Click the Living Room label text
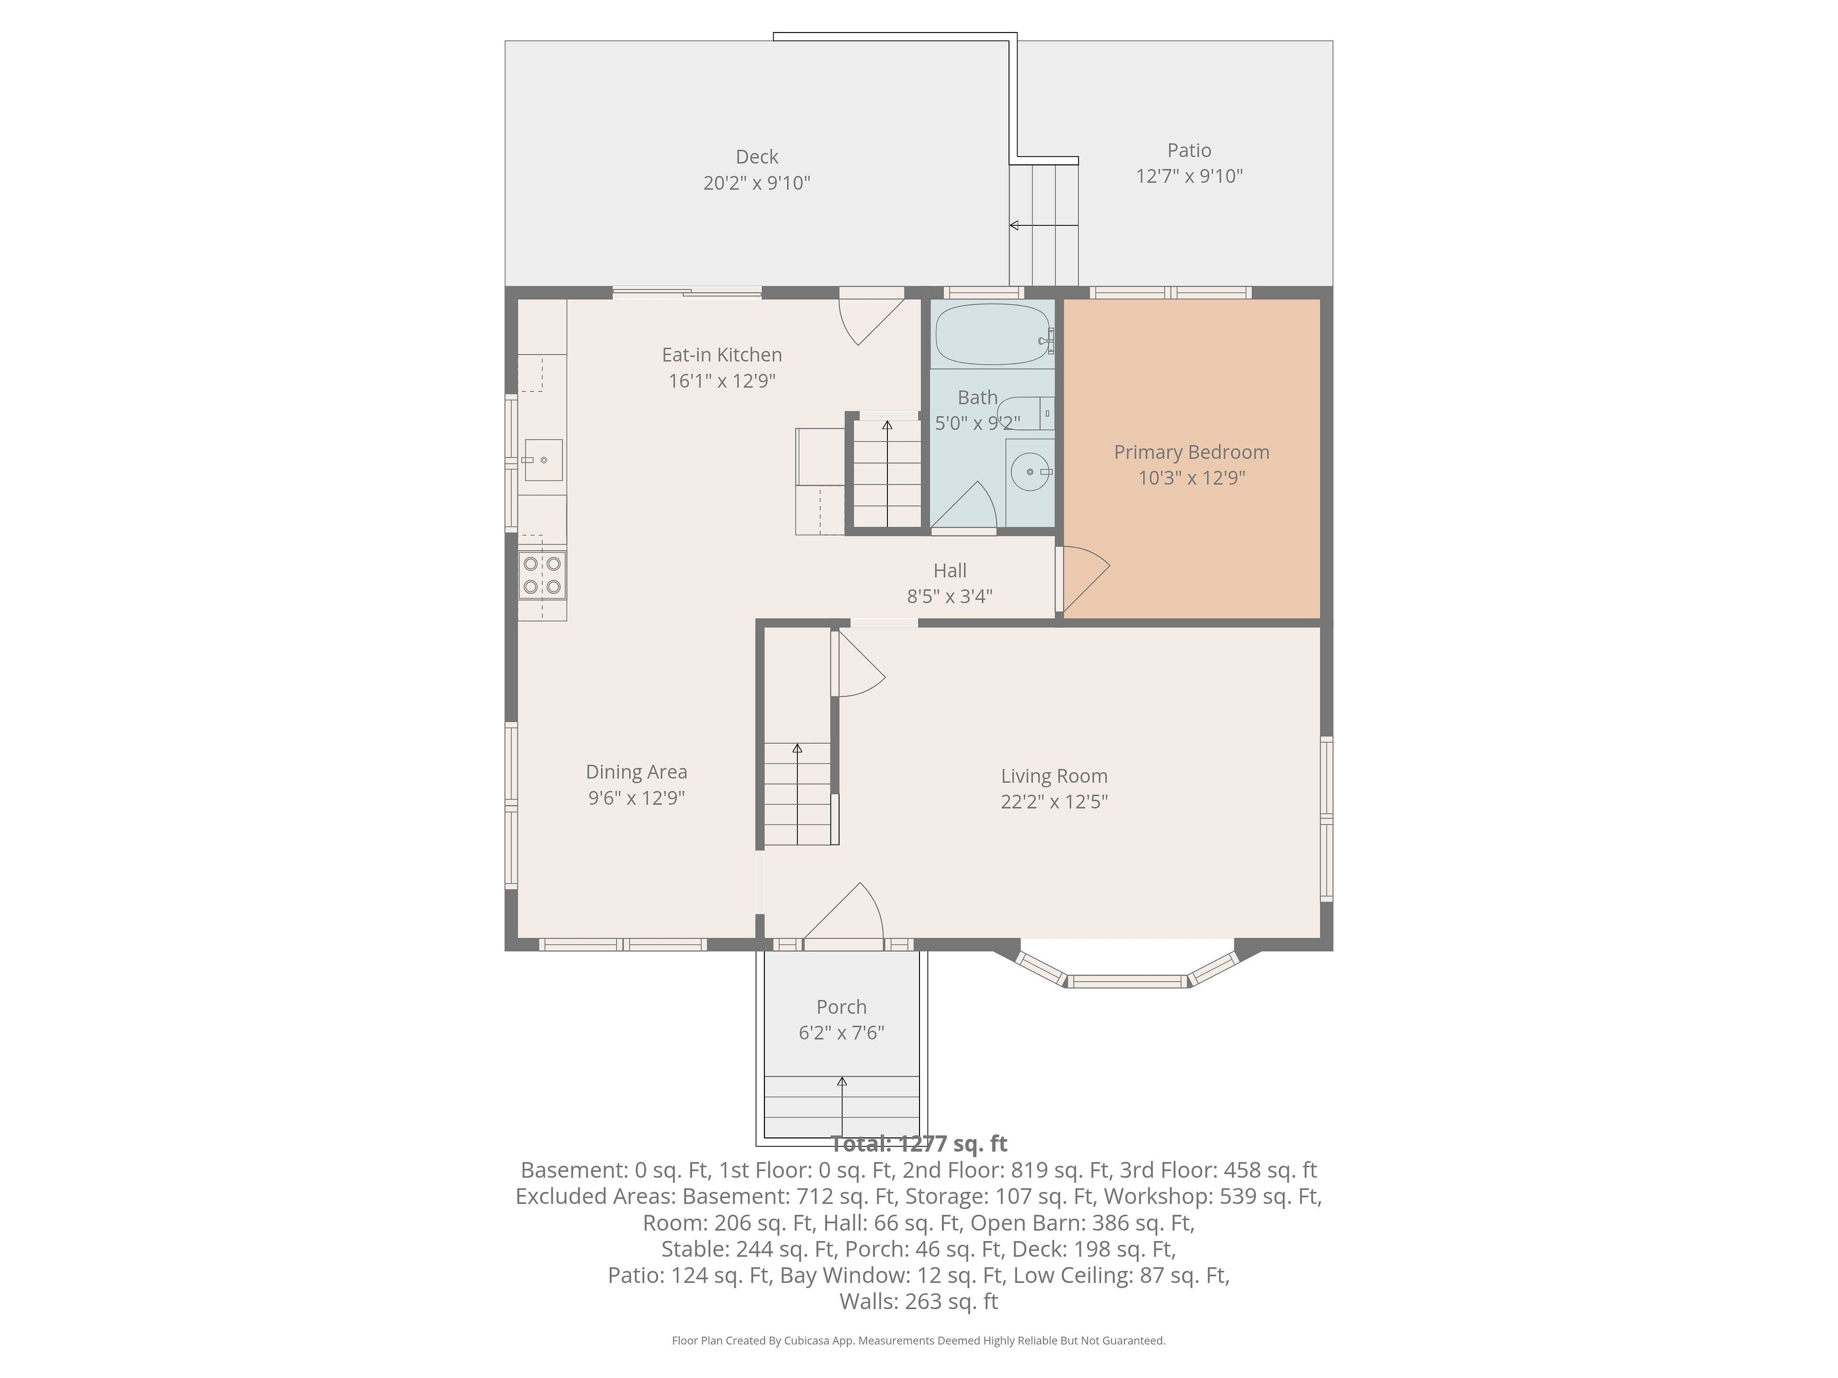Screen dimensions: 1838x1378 pos(1053,776)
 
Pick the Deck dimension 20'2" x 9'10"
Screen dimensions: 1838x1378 pos(756,183)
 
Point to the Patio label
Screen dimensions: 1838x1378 pos(1189,150)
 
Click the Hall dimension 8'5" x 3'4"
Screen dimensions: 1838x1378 pos(950,596)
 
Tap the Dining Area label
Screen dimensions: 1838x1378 pos(637,772)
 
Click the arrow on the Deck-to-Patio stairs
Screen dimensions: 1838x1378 pos(1043,225)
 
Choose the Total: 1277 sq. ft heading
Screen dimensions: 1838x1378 pos(919,1145)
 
